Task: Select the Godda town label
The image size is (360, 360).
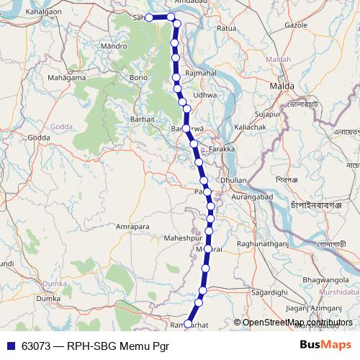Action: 38,137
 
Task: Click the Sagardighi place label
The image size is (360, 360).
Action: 270,292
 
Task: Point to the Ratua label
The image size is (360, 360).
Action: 227,29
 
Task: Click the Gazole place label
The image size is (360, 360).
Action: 297,24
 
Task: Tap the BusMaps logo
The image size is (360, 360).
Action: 325,344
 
